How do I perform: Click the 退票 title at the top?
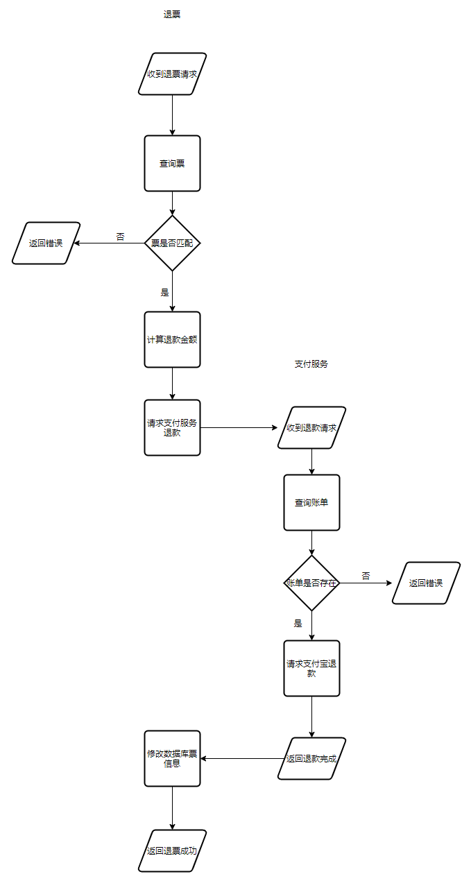tap(172, 15)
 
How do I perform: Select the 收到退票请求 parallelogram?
tap(172, 74)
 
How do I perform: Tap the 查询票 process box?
tap(172, 163)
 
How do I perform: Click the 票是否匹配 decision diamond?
tap(172, 243)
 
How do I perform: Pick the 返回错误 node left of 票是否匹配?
tap(46, 243)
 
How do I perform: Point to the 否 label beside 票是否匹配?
tap(121, 237)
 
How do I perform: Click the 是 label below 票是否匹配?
tap(164, 293)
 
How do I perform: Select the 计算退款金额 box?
tap(172, 340)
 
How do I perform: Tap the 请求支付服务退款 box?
tap(172, 428)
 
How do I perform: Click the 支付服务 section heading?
tap(311, 364)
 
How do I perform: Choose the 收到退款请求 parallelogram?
tap(311, 428)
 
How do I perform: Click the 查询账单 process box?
tap(311, 503)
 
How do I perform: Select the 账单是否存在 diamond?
tap(311, 583)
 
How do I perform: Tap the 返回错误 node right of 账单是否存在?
tap(426, 583)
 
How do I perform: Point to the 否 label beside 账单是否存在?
tap(366, 576)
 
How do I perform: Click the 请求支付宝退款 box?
tap(311, 668)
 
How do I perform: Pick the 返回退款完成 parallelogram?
tap(311, 758)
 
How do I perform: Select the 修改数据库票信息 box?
tap(172, 758)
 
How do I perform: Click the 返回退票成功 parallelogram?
tap(172, 850)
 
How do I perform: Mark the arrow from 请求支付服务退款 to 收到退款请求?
tap(239, 428)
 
